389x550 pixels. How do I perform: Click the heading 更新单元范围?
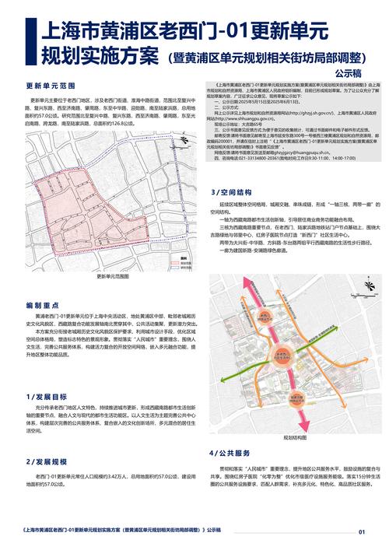(50, 85)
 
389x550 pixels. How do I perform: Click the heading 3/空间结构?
(231, 191)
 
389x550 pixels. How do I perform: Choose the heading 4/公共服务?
(231, 452)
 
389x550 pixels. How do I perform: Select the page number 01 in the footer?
(361, 532)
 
